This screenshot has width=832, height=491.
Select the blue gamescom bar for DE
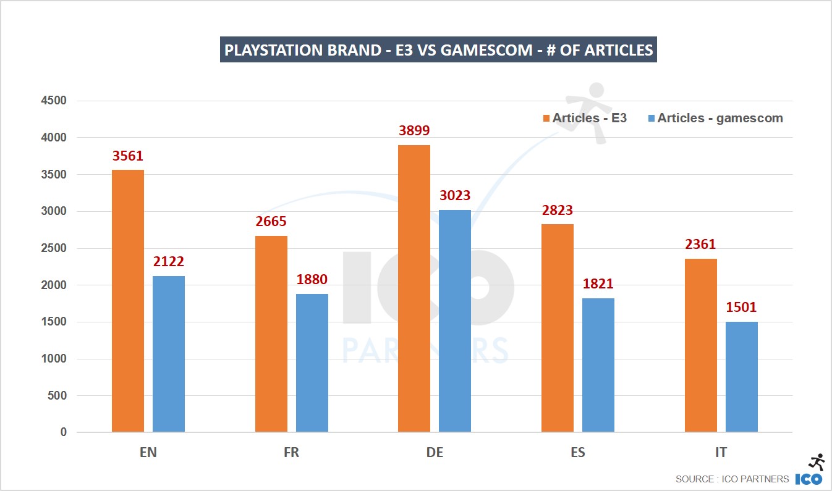(x=455, y=321)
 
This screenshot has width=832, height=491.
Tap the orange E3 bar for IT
(x=701, y=345)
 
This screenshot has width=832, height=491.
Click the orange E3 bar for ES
(x=558, y=328)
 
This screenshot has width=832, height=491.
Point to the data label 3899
(x=414, y=131)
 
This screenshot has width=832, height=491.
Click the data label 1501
(x=741, y=307)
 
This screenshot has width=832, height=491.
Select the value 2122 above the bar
(x=169, y=262)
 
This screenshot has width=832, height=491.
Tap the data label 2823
(x=558, y=210)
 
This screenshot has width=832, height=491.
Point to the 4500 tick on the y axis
(x=54, y=101)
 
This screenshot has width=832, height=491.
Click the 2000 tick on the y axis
(x=54, y=285)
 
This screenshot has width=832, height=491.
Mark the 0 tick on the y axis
(x=63, y=432)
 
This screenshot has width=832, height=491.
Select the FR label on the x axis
(x=291, y=453)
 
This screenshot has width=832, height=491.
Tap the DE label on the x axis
(x=435, y=453)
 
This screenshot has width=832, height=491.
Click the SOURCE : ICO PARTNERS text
(x=732, y=479)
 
